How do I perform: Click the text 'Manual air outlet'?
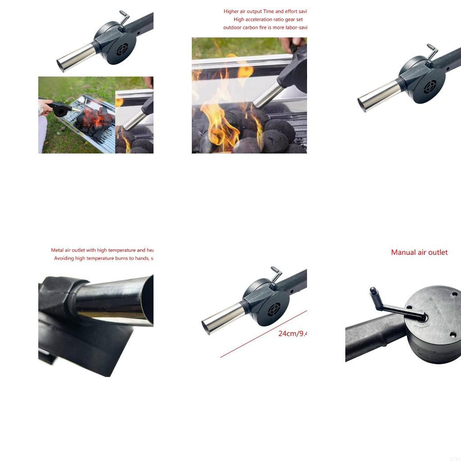[419, 253]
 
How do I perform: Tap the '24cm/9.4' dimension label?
[292, 334]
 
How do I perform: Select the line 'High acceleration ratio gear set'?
[268, 19]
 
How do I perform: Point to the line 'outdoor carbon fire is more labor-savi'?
[265, 27]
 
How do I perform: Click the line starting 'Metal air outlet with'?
[102, 250]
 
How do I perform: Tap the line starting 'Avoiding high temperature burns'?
[104, 258]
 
